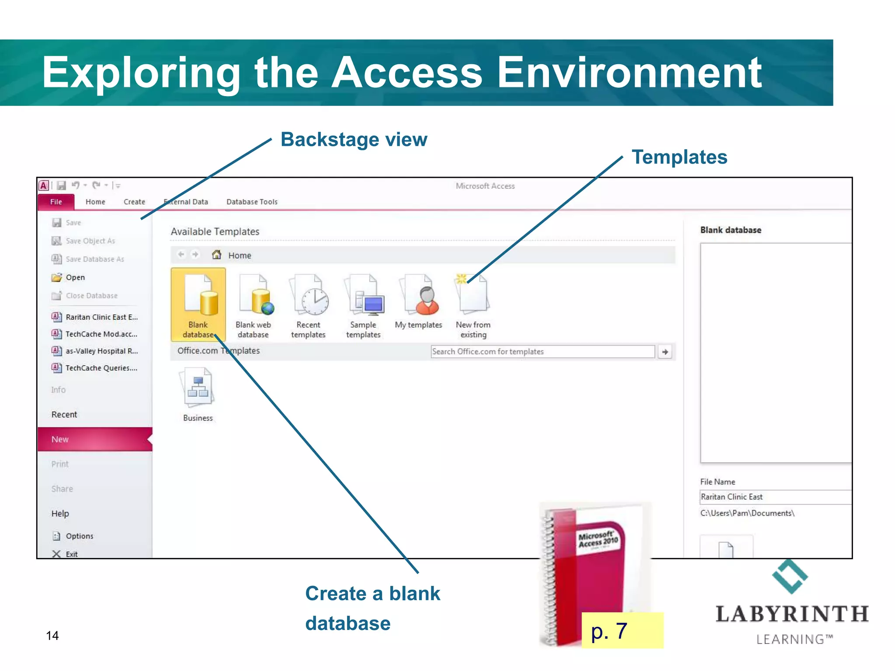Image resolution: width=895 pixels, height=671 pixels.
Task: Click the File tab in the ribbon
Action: [x=56, y=202]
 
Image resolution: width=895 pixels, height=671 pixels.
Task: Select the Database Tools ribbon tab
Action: [x=252, y=202]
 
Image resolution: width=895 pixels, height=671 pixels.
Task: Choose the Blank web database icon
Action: [x=255, y=295]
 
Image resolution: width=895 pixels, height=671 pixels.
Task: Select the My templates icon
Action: [x=420, y=295]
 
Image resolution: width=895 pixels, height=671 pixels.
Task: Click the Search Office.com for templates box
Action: [x=542, y=352]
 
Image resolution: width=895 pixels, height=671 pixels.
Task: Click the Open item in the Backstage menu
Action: [x=75, y=277]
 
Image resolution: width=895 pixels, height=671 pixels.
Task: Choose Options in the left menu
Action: [x=79, y=536]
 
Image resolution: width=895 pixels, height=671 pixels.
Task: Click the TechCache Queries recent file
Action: [x=101, y=368]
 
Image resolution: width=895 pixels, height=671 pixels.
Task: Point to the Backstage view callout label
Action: [x=354, y=140]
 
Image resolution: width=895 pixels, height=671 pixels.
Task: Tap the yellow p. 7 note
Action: [x=622, y=631]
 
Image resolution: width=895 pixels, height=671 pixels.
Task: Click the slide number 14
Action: [x=52, y=636]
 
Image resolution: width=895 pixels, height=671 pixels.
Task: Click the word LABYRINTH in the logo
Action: [x=791, y=614]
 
